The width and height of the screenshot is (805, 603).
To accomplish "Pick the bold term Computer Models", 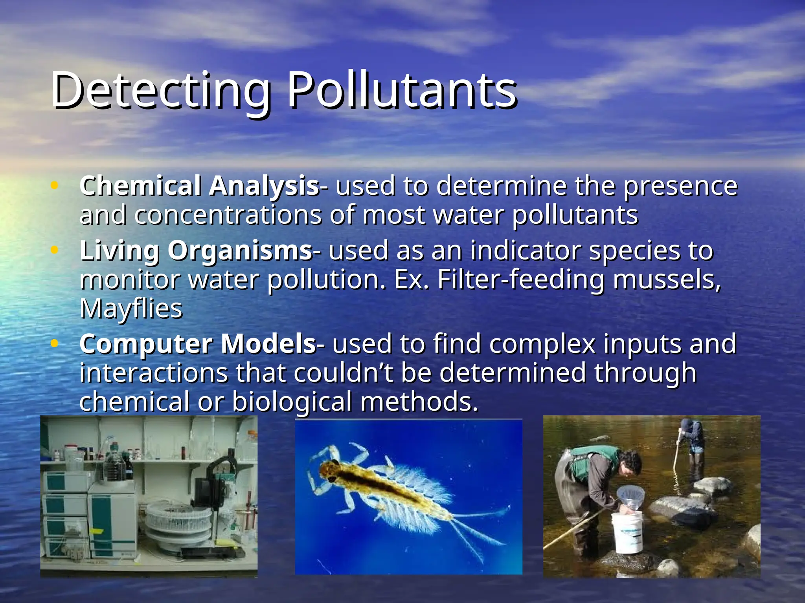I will click(x=197, y=344).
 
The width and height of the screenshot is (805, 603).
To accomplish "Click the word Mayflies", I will click(x=131, y=309).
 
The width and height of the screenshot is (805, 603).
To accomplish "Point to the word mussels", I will click(x=667, y=280).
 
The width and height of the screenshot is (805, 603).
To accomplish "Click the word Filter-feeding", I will click(x=520, y=280).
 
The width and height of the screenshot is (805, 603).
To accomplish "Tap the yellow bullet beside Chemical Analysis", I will click(x=55, y=185).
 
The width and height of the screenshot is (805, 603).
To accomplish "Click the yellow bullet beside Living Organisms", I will click(x=55, y=250).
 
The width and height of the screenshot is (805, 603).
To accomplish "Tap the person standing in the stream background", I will click(x=693, y=444).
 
